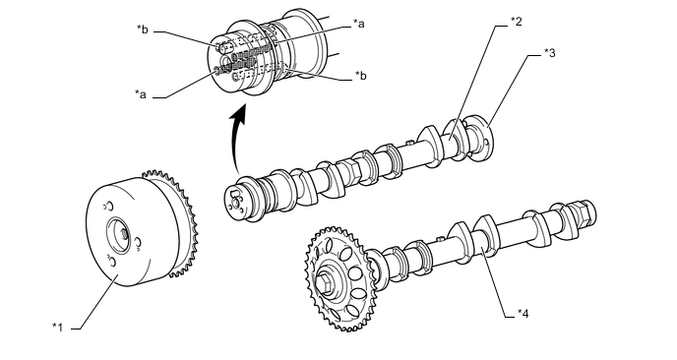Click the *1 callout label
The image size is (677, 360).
click(x=58, y=328)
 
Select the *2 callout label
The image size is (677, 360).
click(x=516, y=22)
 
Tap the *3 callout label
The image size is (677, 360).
click(x=550, y=53)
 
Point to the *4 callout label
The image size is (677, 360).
click(x=523, y=314)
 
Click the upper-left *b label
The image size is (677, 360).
click(x=143, y=30)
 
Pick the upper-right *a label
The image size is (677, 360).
click(x=358, y=24)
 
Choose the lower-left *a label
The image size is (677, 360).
click(x=141, y=94)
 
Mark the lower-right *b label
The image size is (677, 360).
click(x=360, y=75)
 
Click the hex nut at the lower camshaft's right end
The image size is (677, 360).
click(x=584, y=211)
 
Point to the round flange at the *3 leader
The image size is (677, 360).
click(x=480, y=138)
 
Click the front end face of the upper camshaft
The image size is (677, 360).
click(x=234, y=201)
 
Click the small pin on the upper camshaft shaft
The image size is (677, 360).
click(x=410, y=142)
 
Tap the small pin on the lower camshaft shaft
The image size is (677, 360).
click(x=440, y=238)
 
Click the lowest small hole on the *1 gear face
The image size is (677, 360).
click(x=111, y=262)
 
